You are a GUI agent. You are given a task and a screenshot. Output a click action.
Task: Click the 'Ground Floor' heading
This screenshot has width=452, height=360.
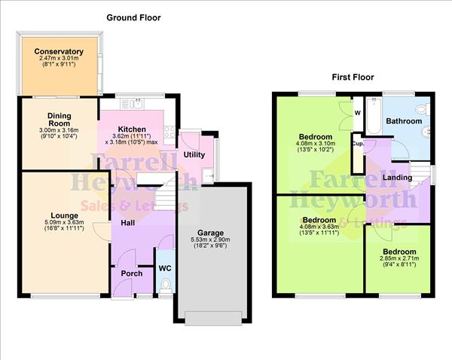133,17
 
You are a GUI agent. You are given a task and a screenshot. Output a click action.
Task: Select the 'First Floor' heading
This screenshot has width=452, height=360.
353,78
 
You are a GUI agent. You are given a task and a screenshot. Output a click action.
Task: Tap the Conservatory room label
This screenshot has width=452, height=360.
58,53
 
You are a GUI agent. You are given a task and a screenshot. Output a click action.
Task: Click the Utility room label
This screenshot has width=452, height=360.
194,154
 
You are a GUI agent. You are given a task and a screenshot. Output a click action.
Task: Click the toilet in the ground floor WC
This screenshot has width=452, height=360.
166,285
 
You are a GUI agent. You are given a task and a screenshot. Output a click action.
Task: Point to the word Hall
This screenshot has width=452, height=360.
128,222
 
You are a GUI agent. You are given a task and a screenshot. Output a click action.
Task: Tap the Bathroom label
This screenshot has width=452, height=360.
404,121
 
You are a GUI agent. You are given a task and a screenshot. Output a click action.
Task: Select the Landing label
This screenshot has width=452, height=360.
396,177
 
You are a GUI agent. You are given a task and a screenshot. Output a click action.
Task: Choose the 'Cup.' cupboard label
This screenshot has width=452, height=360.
357,142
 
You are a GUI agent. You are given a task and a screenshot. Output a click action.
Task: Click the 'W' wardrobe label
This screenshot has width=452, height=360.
357,114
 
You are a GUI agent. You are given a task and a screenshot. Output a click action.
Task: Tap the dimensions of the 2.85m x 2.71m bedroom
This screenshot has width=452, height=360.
397,261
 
